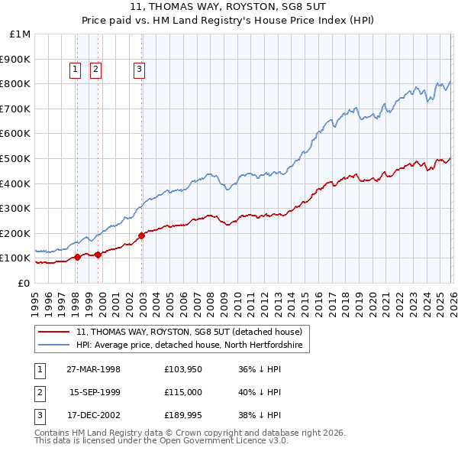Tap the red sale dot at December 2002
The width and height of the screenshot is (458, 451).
(142, 235)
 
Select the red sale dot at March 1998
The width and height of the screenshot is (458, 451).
(78, 257)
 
